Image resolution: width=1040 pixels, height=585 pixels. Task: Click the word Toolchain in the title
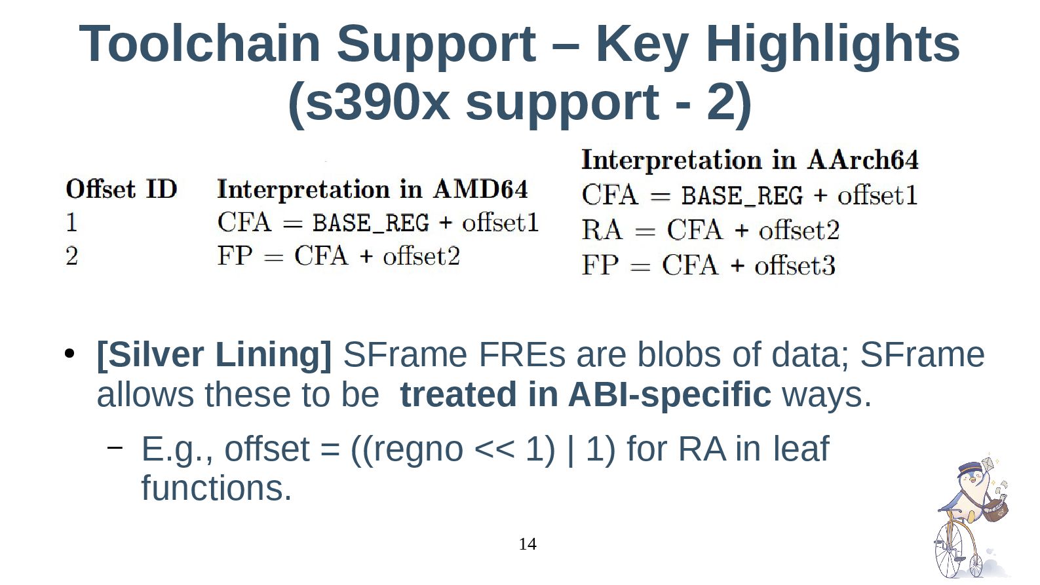coord(199,44)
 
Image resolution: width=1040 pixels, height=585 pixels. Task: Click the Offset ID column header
coord(121,189)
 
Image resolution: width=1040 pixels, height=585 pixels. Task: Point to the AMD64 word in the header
coord(480,189)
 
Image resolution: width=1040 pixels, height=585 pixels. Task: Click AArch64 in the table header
coord(862,160)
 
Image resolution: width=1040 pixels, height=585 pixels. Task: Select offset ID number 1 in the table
coord(71,223)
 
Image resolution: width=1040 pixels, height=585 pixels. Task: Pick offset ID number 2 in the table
coord(71,255)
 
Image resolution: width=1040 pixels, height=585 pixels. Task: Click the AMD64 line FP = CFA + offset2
coord(338,255)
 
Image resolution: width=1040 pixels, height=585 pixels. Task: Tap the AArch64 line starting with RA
coord(710,230)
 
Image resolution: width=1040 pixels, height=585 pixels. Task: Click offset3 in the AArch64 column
coord(794,265)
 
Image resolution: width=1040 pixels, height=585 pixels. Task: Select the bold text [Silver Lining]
coord(214,354)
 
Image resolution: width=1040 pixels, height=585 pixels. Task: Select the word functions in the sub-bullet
coord(216,488)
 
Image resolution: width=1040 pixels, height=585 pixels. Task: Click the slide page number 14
coord(527,544)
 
